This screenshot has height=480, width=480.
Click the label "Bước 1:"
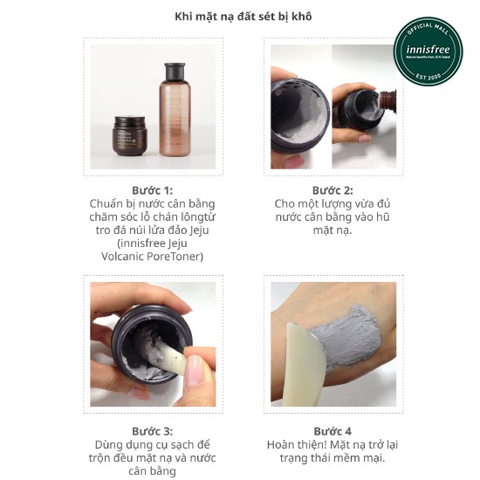click(152, 190)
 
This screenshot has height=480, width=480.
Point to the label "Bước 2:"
click(333, 190)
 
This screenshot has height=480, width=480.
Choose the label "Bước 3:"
click(152, 431)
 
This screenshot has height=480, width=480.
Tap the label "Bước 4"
click(333, 431)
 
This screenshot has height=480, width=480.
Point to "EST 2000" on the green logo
click(428, 76)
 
